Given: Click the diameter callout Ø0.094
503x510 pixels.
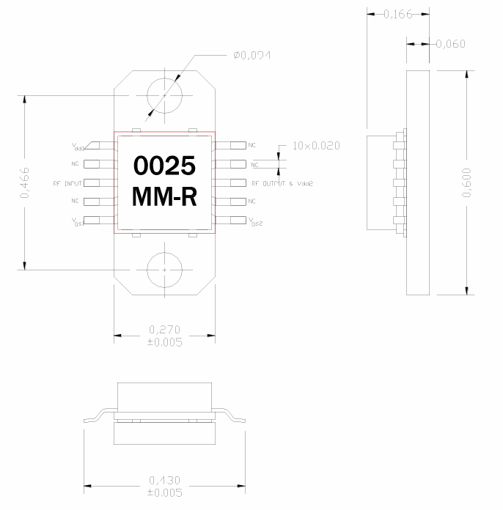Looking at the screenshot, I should click(252, 56).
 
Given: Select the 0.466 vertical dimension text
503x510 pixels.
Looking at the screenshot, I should click(25, 182).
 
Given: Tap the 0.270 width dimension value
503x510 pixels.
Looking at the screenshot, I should click(164, 330).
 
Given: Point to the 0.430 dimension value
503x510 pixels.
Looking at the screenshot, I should click(164, 480).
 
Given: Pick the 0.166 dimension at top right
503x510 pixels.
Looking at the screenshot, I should click(398, 14).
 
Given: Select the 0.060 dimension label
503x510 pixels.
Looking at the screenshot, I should click(450, 44).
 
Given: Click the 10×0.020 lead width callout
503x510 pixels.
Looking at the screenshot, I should click(316, 146).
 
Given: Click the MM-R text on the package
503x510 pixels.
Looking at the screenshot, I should click(164, 196).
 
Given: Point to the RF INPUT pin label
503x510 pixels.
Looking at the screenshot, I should click(67, 182).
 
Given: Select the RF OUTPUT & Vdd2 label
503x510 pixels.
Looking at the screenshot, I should click(281, 182).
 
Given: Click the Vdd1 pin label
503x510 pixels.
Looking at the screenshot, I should click(77, 147).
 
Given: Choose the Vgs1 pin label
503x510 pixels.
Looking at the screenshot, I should click(78, 221).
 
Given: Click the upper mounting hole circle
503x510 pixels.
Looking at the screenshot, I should click(164, 95).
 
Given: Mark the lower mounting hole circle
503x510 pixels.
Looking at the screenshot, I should click(164, 270).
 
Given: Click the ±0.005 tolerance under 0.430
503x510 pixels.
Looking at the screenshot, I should click(164, 492).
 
